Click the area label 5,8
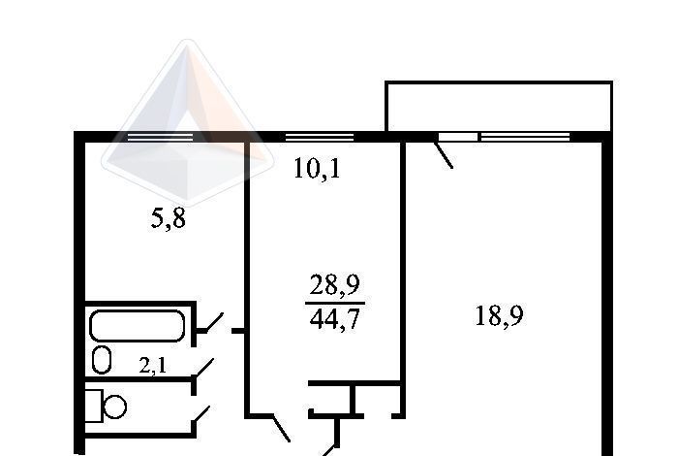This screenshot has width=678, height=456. (169, 218)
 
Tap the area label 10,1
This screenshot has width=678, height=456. (317, 168)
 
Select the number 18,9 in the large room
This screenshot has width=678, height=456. (499, 315)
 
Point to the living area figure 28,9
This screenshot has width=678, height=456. (335, 285)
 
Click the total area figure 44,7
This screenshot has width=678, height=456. (335, 319)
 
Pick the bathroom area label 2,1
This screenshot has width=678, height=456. (153, 366)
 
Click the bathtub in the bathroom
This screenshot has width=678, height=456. (138, 326)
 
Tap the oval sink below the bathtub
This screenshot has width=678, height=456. (102, 359)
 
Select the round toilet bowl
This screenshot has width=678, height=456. (115, 407)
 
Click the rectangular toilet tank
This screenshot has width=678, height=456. (94, 406)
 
